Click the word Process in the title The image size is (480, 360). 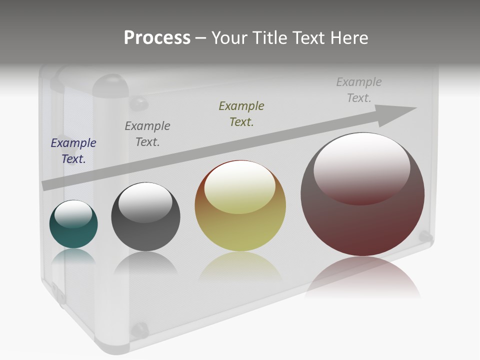[157, 38]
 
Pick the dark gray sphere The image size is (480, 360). [145, 235]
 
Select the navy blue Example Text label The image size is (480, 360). [73, 150]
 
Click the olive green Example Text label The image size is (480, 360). [241, 113]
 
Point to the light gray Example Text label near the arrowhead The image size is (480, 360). [359, 89]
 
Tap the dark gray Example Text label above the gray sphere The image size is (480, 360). [147, 133]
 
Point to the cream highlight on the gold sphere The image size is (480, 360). [240, 187]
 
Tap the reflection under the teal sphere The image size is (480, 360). [73, 256]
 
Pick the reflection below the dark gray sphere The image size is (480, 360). [145, 262]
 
